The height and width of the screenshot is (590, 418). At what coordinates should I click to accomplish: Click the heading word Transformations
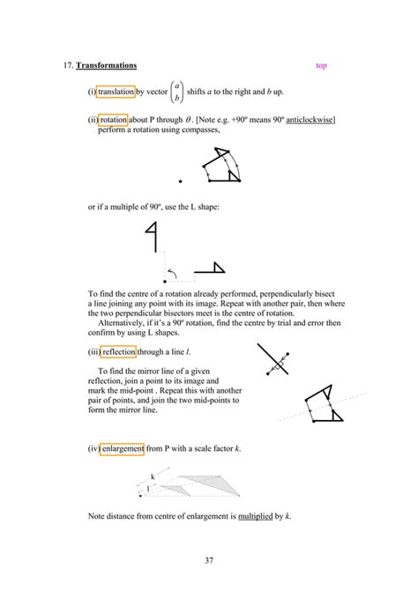pyautogui.click(x=106, y=66)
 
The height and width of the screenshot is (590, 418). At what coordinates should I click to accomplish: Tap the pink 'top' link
pyautogui.click(x=321, y=66)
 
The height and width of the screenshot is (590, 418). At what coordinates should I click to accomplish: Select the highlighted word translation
pyautogui.click(x=116, y=92)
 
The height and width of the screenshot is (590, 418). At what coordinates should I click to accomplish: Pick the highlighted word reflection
pyautogui.click(x=119, y=351)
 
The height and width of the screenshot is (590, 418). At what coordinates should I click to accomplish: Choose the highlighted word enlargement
pyautogui.click(x=125, y=448)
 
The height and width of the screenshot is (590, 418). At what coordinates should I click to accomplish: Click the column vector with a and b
pyautogui.click(x=177, y=92)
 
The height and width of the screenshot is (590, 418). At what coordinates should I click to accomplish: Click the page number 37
pyautogui.click(x=208, y=560)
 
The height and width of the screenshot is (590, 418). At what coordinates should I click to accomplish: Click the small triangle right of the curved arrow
pyautogui.click(x=210, y=269)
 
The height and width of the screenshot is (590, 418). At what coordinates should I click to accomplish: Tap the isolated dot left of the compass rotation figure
pyautogui.click(x=180, y=181)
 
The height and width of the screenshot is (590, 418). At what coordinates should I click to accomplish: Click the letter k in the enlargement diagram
pyautogui.click(x=153, y=476)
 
